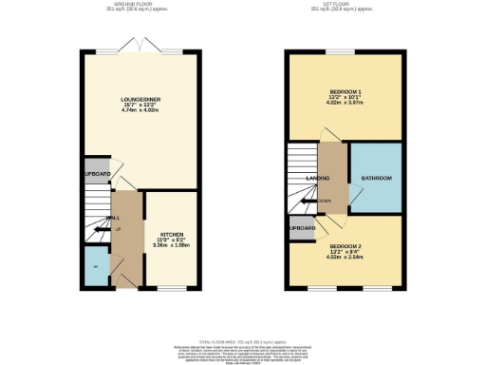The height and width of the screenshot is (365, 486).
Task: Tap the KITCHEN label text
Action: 171,233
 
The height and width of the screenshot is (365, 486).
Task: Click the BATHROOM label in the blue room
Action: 376,178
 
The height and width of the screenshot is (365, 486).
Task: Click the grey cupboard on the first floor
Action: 301,228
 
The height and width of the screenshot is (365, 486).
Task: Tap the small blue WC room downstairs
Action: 95,267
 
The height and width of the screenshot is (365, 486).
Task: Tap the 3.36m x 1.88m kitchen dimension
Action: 171,246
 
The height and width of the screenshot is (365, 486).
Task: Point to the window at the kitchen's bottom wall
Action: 171,287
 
